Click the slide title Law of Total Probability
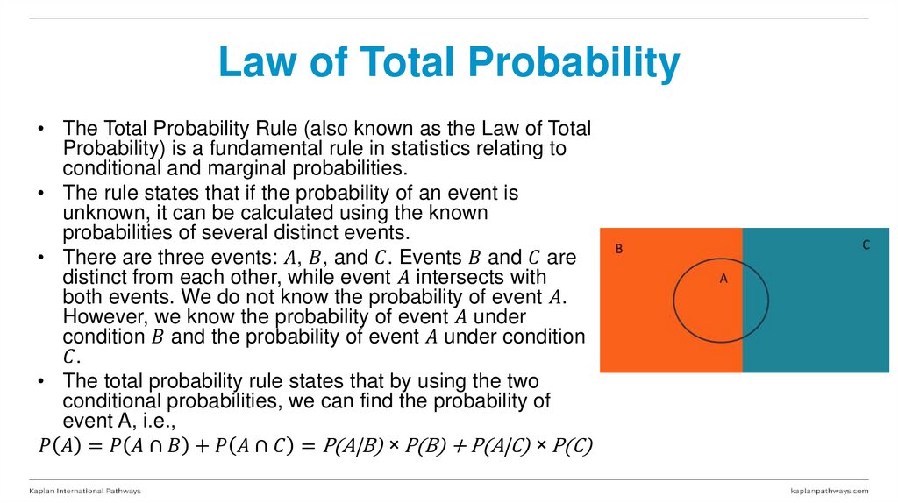448,63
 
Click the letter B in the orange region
618,249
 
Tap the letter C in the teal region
866,245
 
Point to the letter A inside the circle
723,279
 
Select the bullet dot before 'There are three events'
41,258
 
